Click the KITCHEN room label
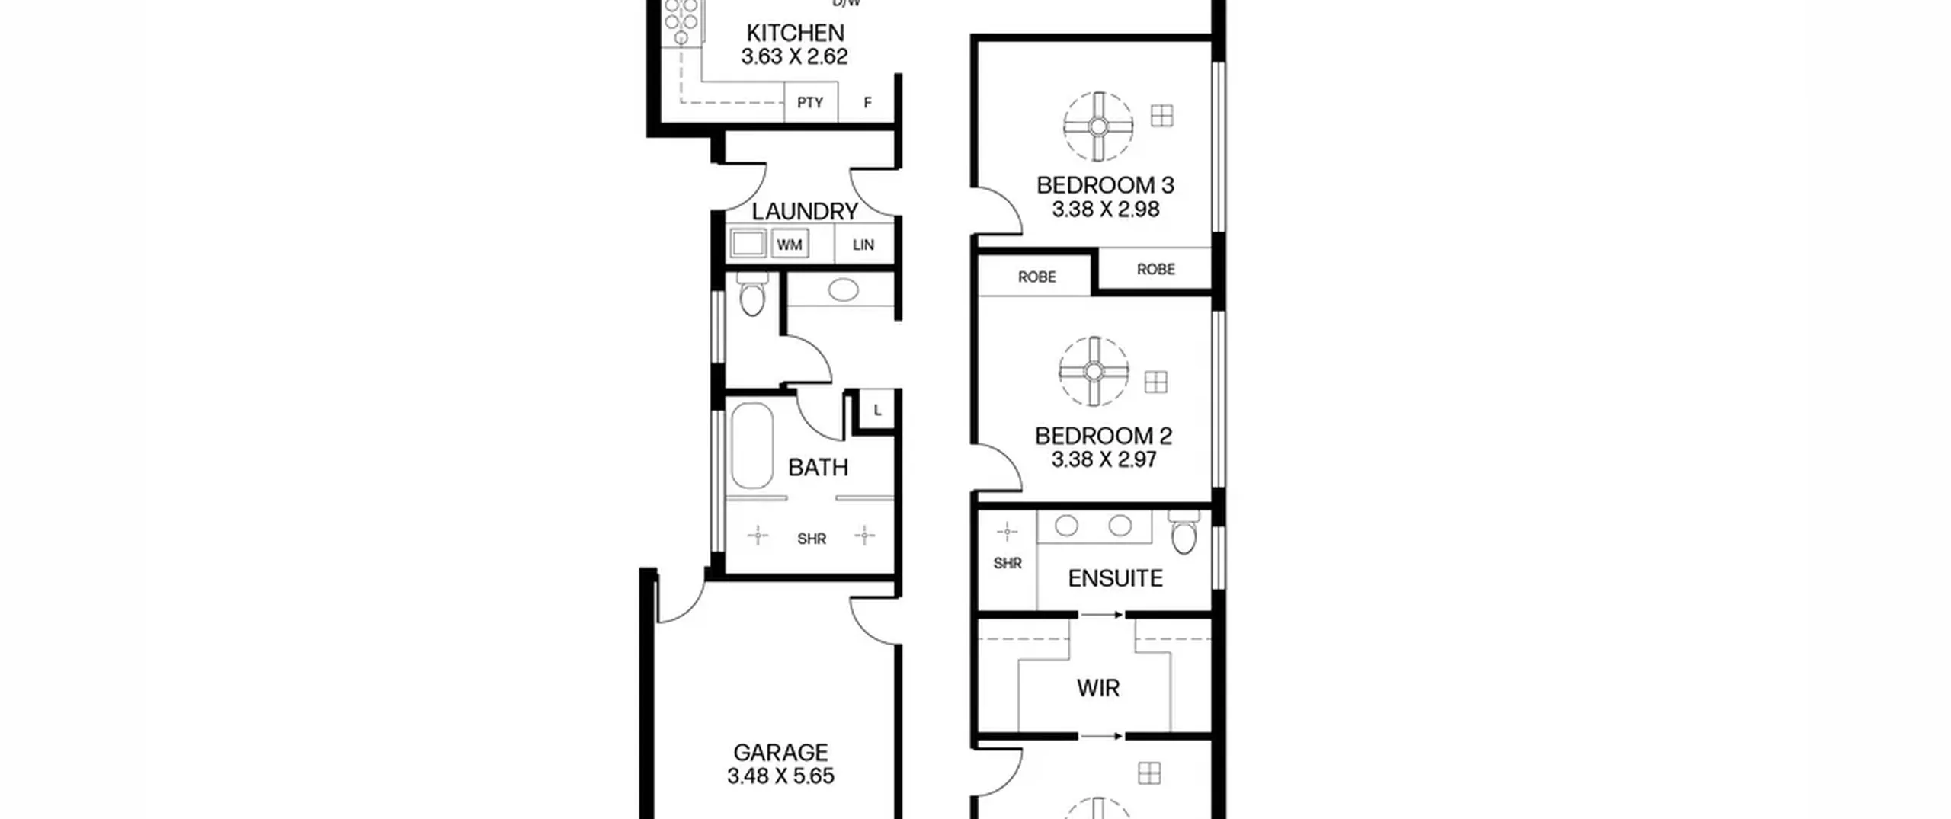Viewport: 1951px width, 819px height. [795, 33]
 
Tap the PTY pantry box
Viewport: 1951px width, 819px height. [811, 102]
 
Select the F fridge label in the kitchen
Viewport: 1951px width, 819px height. [867, 102]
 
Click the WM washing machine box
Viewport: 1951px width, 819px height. [790, 245]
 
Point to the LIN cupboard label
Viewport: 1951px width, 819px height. [863, 245]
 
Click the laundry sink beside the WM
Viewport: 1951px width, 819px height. [748, 244]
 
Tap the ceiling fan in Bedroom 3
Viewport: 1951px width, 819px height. [1098, 126]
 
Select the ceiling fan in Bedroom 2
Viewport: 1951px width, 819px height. [1094, 371]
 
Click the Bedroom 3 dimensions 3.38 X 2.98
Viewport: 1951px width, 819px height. [1105, 210]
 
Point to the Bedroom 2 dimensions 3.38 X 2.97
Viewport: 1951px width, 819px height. [1104, 459]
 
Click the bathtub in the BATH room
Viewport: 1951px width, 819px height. [752, 446]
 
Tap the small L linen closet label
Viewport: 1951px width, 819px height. [878, 411]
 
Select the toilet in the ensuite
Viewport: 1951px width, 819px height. [1184, 531]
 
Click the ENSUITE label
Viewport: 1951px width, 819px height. [1115, 578]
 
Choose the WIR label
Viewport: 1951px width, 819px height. [1098, 688]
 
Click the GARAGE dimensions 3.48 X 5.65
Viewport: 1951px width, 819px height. [780, 776]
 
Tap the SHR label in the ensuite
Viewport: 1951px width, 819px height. [1008, 564]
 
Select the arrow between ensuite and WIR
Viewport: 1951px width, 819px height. [1102, 615]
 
